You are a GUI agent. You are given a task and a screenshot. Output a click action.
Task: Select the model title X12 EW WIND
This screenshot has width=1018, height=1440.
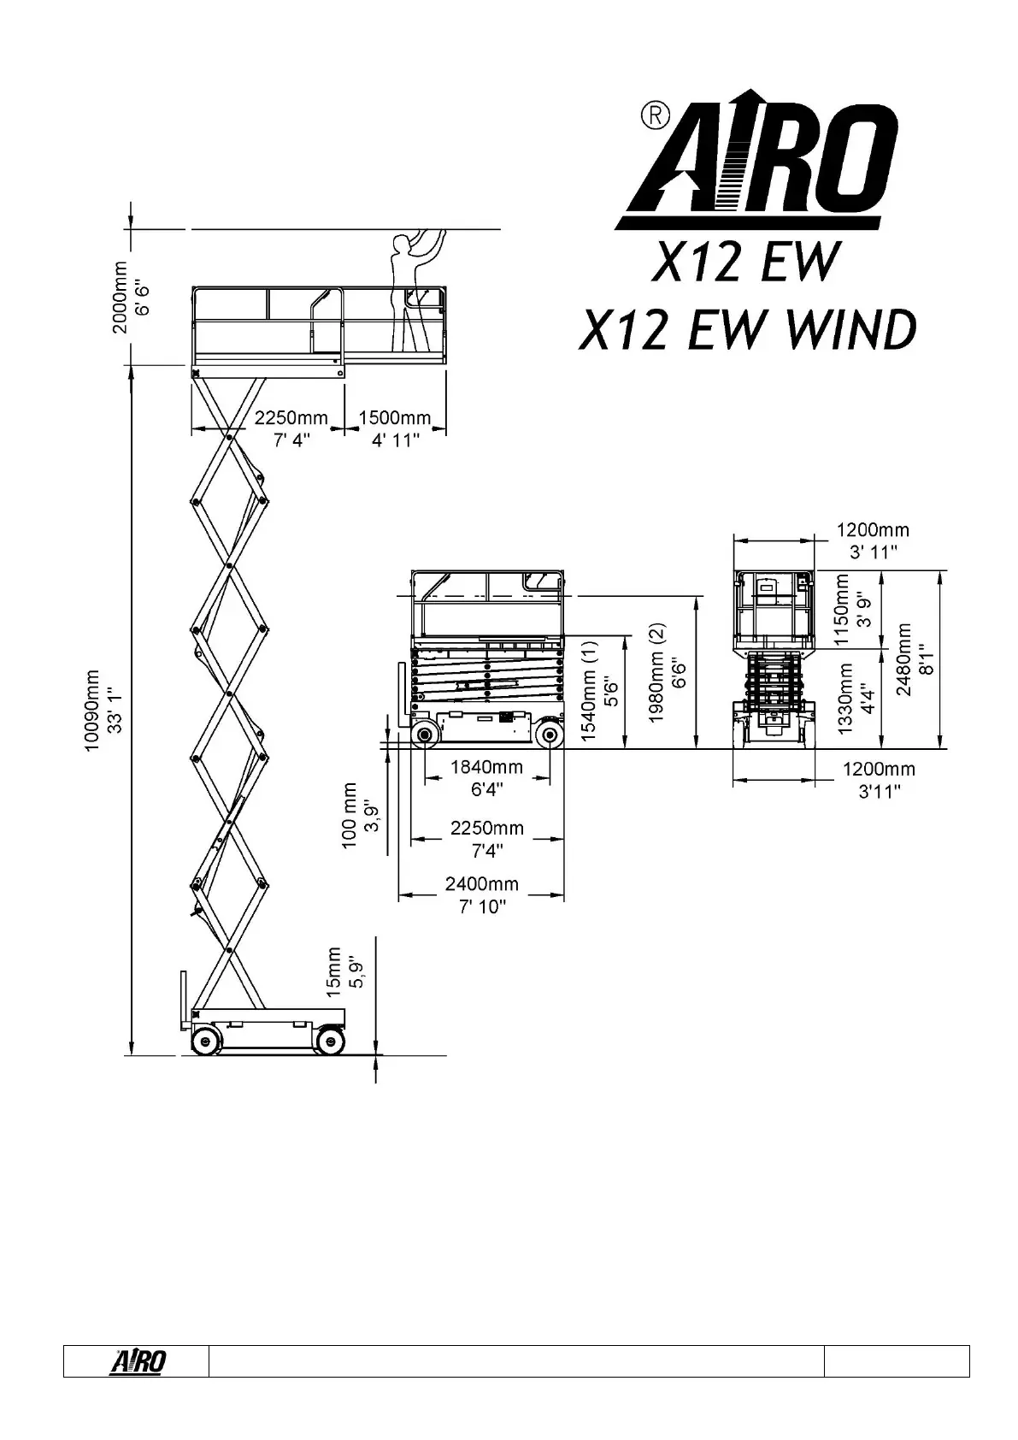click(x=747, y=330)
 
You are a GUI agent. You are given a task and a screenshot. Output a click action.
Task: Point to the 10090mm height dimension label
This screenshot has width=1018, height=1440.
click(x=102, y=711)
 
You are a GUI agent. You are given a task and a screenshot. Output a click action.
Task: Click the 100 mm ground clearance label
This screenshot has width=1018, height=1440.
click(x=361, y=815)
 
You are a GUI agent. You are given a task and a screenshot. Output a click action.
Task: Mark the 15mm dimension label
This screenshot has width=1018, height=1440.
click(x=344, y=971)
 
